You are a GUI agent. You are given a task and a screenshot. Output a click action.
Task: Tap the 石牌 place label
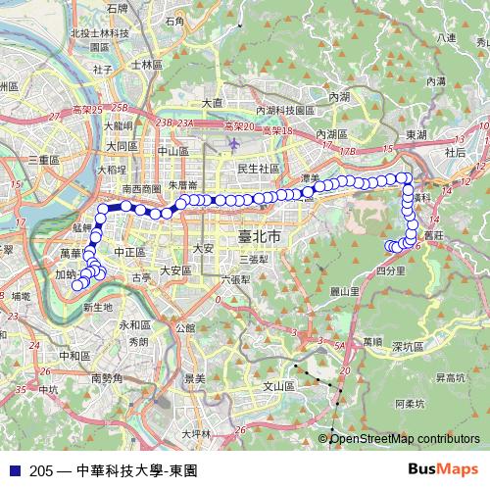tap(118, 8)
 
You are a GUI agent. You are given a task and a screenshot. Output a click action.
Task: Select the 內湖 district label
tap(339, 97)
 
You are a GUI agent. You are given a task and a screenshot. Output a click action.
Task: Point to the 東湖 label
tap(416, 134)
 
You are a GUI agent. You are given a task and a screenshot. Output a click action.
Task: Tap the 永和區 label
tap(132, 324)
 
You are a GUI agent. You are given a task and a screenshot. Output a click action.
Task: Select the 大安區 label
tap(174, 270)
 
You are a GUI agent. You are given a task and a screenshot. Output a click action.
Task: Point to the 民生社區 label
tap(258, 169)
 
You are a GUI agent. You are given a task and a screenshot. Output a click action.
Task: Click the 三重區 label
tap(46, 159)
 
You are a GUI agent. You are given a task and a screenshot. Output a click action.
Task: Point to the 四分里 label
tap(390, 269)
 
